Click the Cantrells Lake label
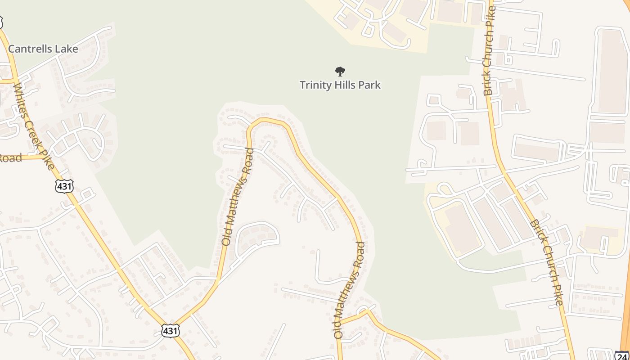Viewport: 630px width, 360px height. [43, 49]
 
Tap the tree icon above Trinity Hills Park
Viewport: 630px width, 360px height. [340, 71]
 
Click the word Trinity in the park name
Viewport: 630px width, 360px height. [314, 85]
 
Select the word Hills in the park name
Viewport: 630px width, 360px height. [345, 85]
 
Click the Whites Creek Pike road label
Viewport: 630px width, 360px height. [34, 126]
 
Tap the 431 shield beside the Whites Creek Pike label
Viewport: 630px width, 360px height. [64, 185]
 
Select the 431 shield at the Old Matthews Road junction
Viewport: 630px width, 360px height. [170, 331]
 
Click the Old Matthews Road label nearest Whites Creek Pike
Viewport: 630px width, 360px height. [237, 196]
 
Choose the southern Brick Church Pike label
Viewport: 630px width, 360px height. [546, 263]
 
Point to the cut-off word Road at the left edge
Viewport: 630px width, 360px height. [10, 158]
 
